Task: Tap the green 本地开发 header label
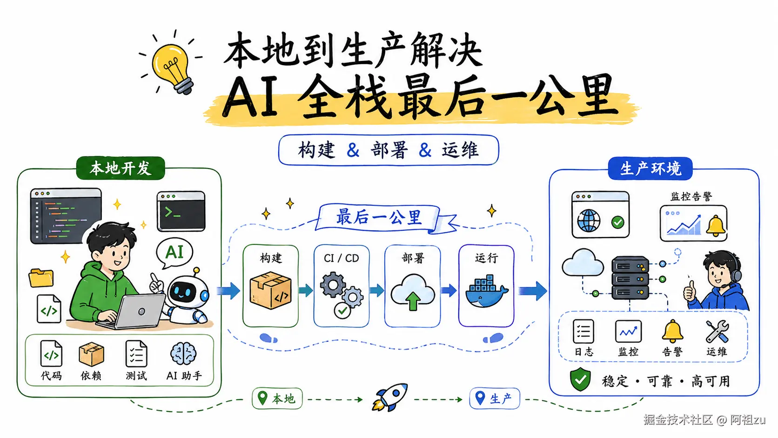(121, 168)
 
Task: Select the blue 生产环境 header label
(650, 168)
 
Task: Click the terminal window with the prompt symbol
(181, 211)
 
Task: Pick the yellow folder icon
(41, 277)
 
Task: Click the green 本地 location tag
(277, 398)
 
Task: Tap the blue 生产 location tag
(494, 398)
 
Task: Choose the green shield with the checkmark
(580, 380)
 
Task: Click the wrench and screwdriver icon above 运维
(717, 331)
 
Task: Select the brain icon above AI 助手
(183, 354)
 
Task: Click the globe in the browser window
(589, 221)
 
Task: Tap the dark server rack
(630, 278)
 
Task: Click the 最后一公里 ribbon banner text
(379, 217)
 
